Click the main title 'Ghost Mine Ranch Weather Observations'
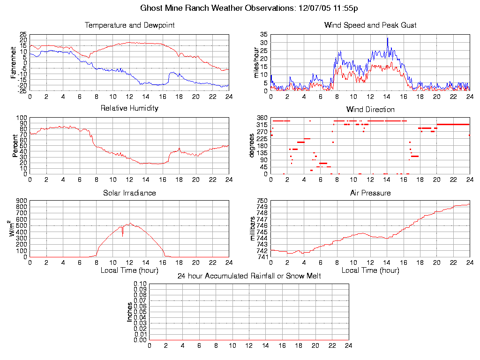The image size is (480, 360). click(x=218, y=8)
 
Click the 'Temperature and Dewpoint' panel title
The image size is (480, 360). click(x=130, y=25)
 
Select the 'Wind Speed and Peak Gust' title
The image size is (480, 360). click(x=370, y=25)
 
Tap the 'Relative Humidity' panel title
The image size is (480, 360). click(x=130, y=108)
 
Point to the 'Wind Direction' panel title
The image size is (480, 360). click(x=370, y=109)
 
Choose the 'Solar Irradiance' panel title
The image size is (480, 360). click(x=129, y=193)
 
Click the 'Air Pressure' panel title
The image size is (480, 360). click(x=370, y=193)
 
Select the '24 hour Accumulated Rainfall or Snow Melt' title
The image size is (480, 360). click(x=249, y=276)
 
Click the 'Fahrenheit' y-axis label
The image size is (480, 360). click(x=14, y=62)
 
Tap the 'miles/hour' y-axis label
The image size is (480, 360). click(x=256, y=62)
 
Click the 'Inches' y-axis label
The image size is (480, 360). click(x=130, y=312)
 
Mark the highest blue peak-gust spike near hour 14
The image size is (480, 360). click(x=387, y=38)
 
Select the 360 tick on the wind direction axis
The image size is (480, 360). click(x=262, y=118)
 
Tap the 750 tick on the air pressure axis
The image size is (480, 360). click(x=262, y=201)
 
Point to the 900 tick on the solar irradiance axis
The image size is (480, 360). click(x=21, y=201)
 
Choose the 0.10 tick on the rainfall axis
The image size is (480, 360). click(x=140, y=284)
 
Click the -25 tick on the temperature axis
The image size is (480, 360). click(x=22, y=91)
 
